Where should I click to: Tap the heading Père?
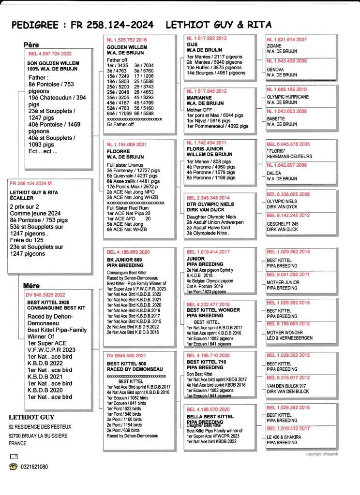(31, 44)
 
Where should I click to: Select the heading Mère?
(31, 286)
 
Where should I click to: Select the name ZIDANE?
(274, 45)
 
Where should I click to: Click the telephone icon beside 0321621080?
(14, 467)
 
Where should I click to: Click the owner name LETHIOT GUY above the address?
(31, 417)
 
